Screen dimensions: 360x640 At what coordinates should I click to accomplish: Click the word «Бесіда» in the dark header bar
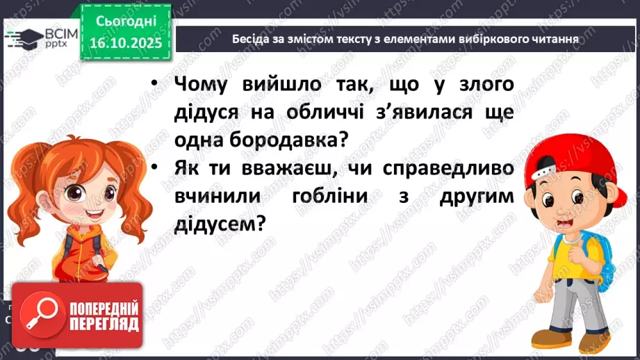pyautogui.click(x=249, y=39)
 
